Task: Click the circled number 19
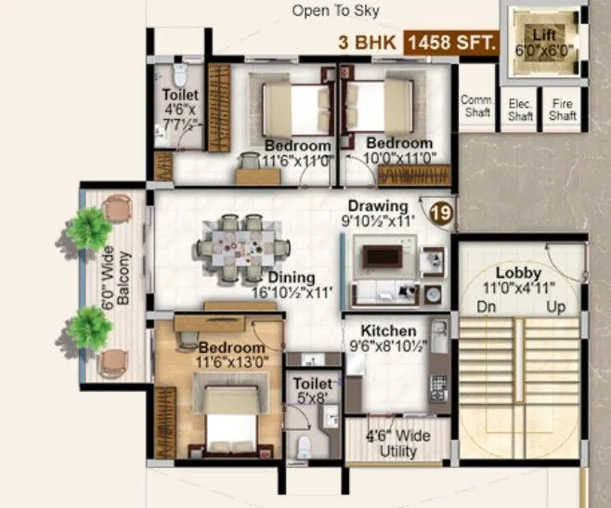(x=442, y=213)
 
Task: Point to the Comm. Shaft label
(x=478, y=107)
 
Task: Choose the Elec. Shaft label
(x=520, y=111)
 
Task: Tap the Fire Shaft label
(x=563, y=111)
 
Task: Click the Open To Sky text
(x=335, y=11)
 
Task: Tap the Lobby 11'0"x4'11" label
(x=518, y=280)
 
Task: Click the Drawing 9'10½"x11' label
(x=378, y=213)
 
